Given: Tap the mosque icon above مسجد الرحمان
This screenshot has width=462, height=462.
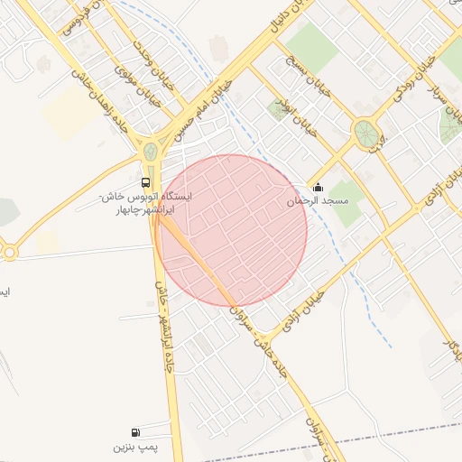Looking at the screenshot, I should [x=317, y=188].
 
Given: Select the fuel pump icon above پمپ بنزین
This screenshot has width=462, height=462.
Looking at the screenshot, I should [x=135, y=432].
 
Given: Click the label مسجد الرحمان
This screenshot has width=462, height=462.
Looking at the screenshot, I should [x=317, y=201].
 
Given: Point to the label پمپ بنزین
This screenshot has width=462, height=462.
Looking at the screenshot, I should [x=135, y=447].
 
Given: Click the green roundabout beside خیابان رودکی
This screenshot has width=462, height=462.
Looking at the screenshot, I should [x=365, y=134].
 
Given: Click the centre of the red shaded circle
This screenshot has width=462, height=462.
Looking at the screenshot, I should [x=231, y=230].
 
